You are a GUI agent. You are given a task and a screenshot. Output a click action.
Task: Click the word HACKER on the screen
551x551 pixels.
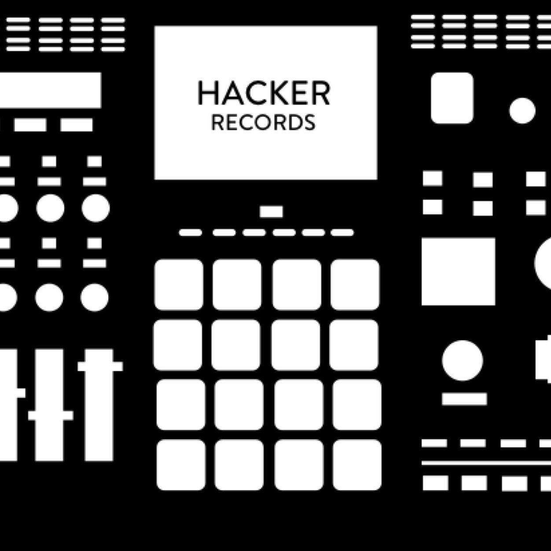[x=264, y=93]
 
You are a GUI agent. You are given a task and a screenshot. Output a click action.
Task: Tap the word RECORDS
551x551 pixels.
[x=263, y=123]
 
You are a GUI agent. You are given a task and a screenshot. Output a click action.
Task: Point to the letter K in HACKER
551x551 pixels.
[x=274, y=93]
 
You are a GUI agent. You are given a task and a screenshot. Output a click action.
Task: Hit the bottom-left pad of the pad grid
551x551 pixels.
[x=180, y=465]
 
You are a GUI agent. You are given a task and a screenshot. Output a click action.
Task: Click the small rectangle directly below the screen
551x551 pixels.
[x=271, y=212]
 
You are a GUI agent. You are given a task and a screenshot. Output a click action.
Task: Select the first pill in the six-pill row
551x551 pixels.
[x=190, y=232]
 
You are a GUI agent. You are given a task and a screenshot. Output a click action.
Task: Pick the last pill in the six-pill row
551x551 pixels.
[x=342, y=232]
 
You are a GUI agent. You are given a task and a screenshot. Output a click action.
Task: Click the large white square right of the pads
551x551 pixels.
[x=458, y=272]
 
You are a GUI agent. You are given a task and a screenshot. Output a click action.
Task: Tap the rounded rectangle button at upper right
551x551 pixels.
[x=452, y=98]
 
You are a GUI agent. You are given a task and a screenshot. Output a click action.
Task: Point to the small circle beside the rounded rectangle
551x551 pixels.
[x=522, y=110]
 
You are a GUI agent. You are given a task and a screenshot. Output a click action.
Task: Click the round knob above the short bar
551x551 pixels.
[x=462, y=360]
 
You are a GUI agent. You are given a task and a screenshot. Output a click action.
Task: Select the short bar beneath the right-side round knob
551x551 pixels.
[x=464, y=399]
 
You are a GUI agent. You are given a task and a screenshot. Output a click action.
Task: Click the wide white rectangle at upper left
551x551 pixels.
[x=50, y=90]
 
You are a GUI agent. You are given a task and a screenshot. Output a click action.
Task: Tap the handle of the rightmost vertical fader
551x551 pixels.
[x=100, y=366]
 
